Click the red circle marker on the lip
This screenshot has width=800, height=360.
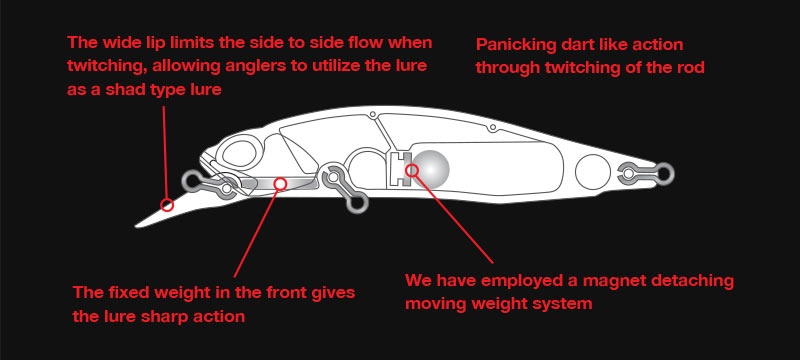click(x=167, y=205)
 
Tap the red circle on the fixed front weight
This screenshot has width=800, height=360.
click(x=280, y=184)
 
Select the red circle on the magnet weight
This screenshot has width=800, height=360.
click(x=412, y=170)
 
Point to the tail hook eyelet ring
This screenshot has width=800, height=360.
click(x=665, y=173)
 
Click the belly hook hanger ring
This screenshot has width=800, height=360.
click(x=357, y=203)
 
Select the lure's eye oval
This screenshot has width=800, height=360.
click(x=239, y=152)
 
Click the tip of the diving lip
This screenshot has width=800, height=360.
click(x=136, y=226)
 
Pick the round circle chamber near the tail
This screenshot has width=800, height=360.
click(x=593, y=172)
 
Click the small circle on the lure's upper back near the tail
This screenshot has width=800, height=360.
click(x=492, y=127)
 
